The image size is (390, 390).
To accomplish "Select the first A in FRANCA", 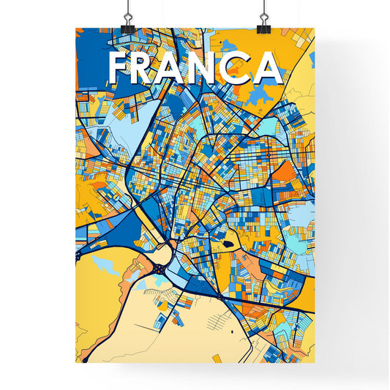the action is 184,67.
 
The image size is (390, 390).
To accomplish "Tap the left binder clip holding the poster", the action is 127,27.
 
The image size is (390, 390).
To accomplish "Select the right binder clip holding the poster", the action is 263,27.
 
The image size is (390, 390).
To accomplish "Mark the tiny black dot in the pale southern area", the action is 233,333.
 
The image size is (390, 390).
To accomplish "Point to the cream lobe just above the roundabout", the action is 162,252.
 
